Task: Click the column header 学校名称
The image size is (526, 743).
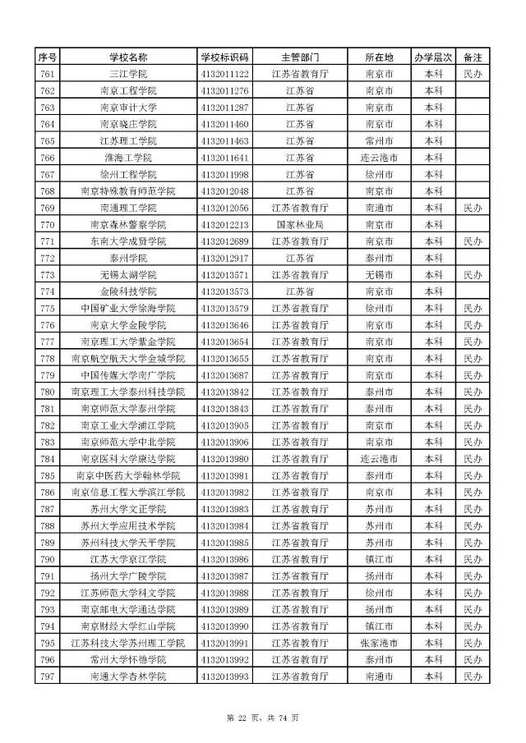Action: point(127,57)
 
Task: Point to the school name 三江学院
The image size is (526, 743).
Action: point(127,74)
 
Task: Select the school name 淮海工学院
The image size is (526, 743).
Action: point(127,158)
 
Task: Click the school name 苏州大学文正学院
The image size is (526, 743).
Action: point(127,509)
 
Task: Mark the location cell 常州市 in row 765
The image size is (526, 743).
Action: point(380,141)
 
